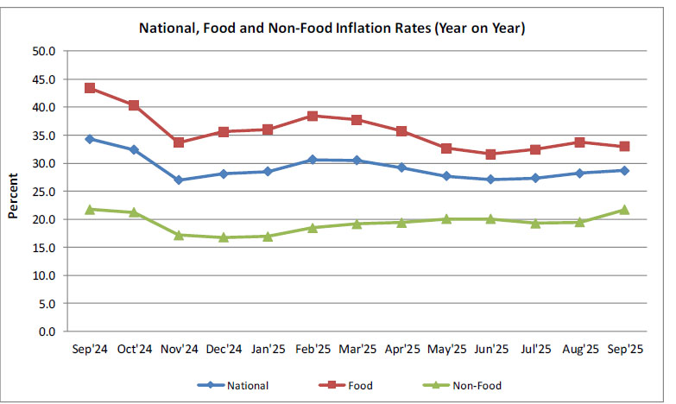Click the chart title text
[332, 28]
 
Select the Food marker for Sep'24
[89, 88]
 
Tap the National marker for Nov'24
[179, 180]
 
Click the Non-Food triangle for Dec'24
[224, 237]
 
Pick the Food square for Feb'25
[313, 116]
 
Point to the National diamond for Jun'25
[491, 180]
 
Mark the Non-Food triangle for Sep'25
[624, 210]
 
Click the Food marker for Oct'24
[134, 105]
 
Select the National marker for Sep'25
[624, 171]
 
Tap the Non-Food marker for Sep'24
[89, 209]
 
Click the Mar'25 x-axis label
[357, 350]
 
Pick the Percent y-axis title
[14, 192]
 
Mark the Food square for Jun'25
[491, 155]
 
